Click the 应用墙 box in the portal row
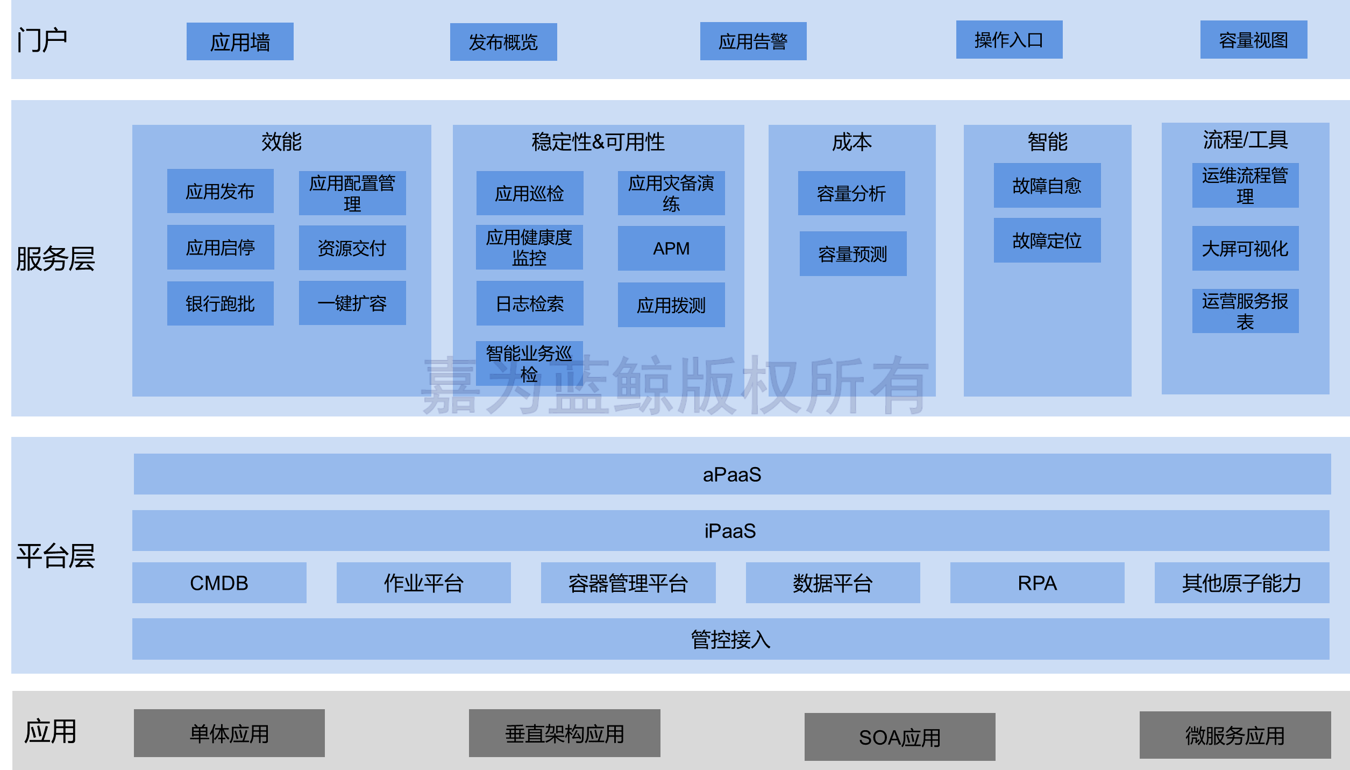point(240,41)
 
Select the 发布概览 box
point(503,42)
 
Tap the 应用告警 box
point(753,41)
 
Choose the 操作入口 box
point(1009,39)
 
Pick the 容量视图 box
point(1253,39)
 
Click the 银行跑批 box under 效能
point(220,303)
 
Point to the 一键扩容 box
point(352,303)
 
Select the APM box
point(671,248)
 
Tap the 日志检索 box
point(530,303)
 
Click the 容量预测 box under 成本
point(852,253)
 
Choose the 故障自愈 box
point(1047,185)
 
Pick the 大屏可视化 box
point(1245,248)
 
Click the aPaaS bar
point(732,474)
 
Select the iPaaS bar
point(730,531)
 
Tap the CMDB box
point(219,583)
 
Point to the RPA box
point(1037,583)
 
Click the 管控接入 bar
point(730,639)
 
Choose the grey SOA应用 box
point(900,737)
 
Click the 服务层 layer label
point(55,258)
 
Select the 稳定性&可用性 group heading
point(598,142)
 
